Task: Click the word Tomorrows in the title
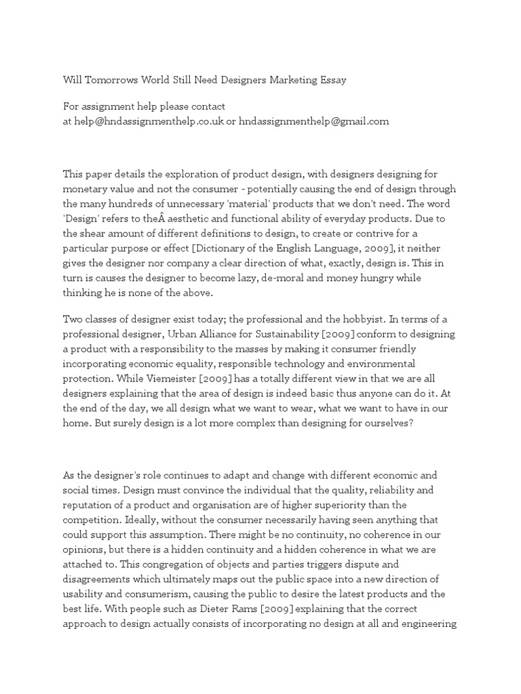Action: click(x=117, y=81)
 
